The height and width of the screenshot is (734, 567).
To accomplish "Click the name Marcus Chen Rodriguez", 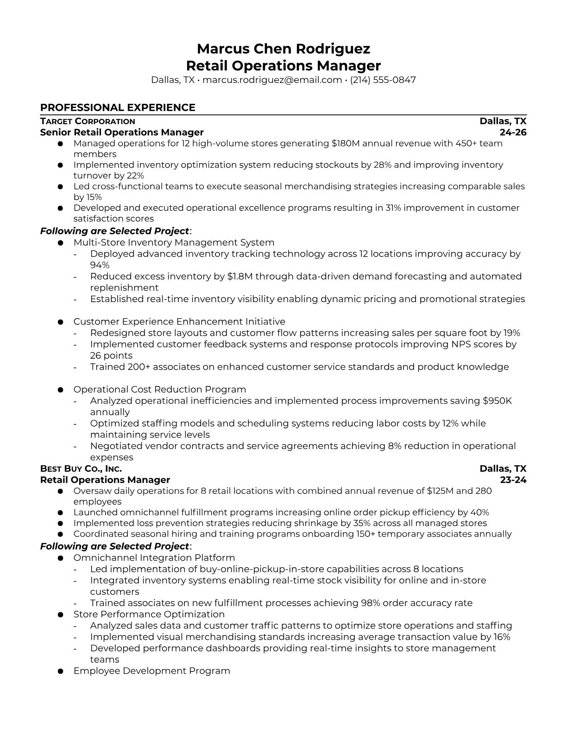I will [x=283, y=49].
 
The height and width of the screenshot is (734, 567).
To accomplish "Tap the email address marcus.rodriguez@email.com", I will [x=272, y=80].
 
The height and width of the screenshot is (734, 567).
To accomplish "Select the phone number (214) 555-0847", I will [x=383, y=80].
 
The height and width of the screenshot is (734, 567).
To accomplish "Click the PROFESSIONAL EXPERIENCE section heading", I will [x=118, y=108].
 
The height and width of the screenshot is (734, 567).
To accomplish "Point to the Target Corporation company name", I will [x=88, y=121].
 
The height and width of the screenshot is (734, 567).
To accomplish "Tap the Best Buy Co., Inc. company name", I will [x=81, y=468].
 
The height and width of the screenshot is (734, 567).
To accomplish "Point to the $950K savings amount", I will [x=497, y=401].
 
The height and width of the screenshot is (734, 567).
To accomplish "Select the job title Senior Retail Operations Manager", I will [x=122, y=133].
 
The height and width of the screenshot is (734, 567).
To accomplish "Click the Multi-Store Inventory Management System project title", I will [x=174, y=242].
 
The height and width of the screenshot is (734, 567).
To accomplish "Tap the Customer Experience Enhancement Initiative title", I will [x=179, y=322].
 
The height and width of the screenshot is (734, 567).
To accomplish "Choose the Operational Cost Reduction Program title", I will [x=160, y=389].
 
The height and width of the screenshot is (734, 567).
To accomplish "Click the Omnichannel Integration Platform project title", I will [x=154, y=557].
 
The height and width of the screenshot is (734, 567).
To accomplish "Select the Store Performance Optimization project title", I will [x=149, y=614].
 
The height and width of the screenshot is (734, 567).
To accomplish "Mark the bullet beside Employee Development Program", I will [x=60, y=671].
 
